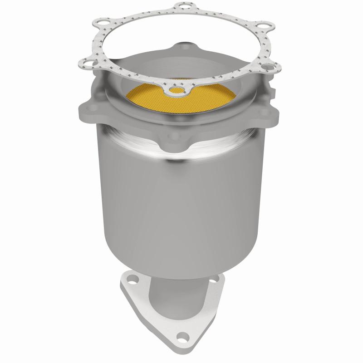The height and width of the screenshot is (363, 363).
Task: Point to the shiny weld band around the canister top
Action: (x=181, y=150)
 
